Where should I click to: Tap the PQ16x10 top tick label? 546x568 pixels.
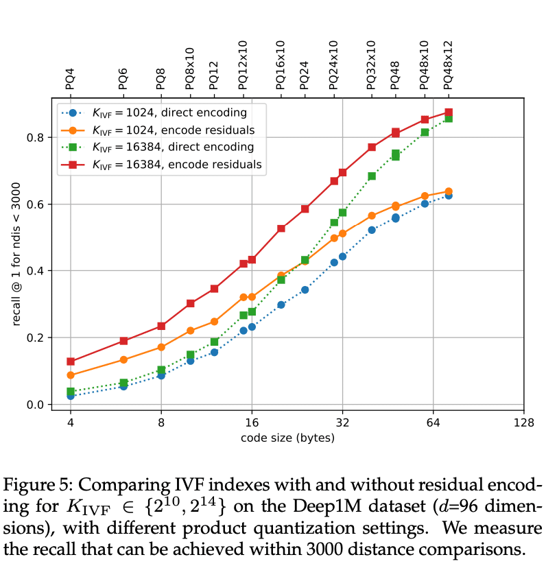tap(281, 64)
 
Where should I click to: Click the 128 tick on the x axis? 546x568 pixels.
tap(523, 423)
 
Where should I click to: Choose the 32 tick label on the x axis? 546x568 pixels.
tap(342, 423)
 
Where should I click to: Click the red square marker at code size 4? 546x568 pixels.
tap(71, 362)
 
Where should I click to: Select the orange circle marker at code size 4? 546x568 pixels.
tap(71, 375)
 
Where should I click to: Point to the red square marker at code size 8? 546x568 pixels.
tap(161, 326)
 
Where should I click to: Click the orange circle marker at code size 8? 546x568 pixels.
tap(161, 347)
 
